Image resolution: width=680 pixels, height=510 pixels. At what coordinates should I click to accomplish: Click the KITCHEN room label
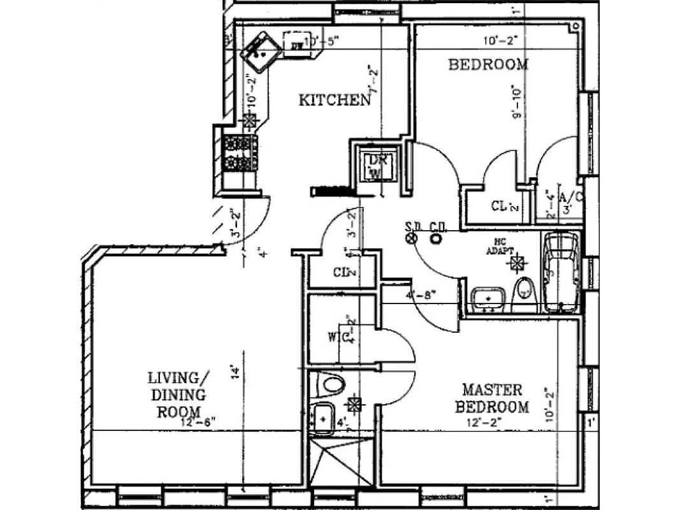(334, 100)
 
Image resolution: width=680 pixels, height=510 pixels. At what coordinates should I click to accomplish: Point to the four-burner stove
(238, 154)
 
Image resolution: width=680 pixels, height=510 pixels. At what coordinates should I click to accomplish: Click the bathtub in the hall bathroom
(561, 272)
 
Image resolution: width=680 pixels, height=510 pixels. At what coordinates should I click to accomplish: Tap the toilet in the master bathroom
(331, 384)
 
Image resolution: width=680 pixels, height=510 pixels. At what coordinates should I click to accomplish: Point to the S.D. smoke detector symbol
(411, 238)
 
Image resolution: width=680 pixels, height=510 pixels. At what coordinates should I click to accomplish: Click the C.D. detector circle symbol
(437, 238)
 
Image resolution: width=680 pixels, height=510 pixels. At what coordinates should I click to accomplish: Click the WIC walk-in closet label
(337, 337)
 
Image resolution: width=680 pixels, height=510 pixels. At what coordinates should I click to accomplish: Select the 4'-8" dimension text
(421, 296)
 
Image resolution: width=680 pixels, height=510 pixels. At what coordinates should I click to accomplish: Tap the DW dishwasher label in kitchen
(296, 45)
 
